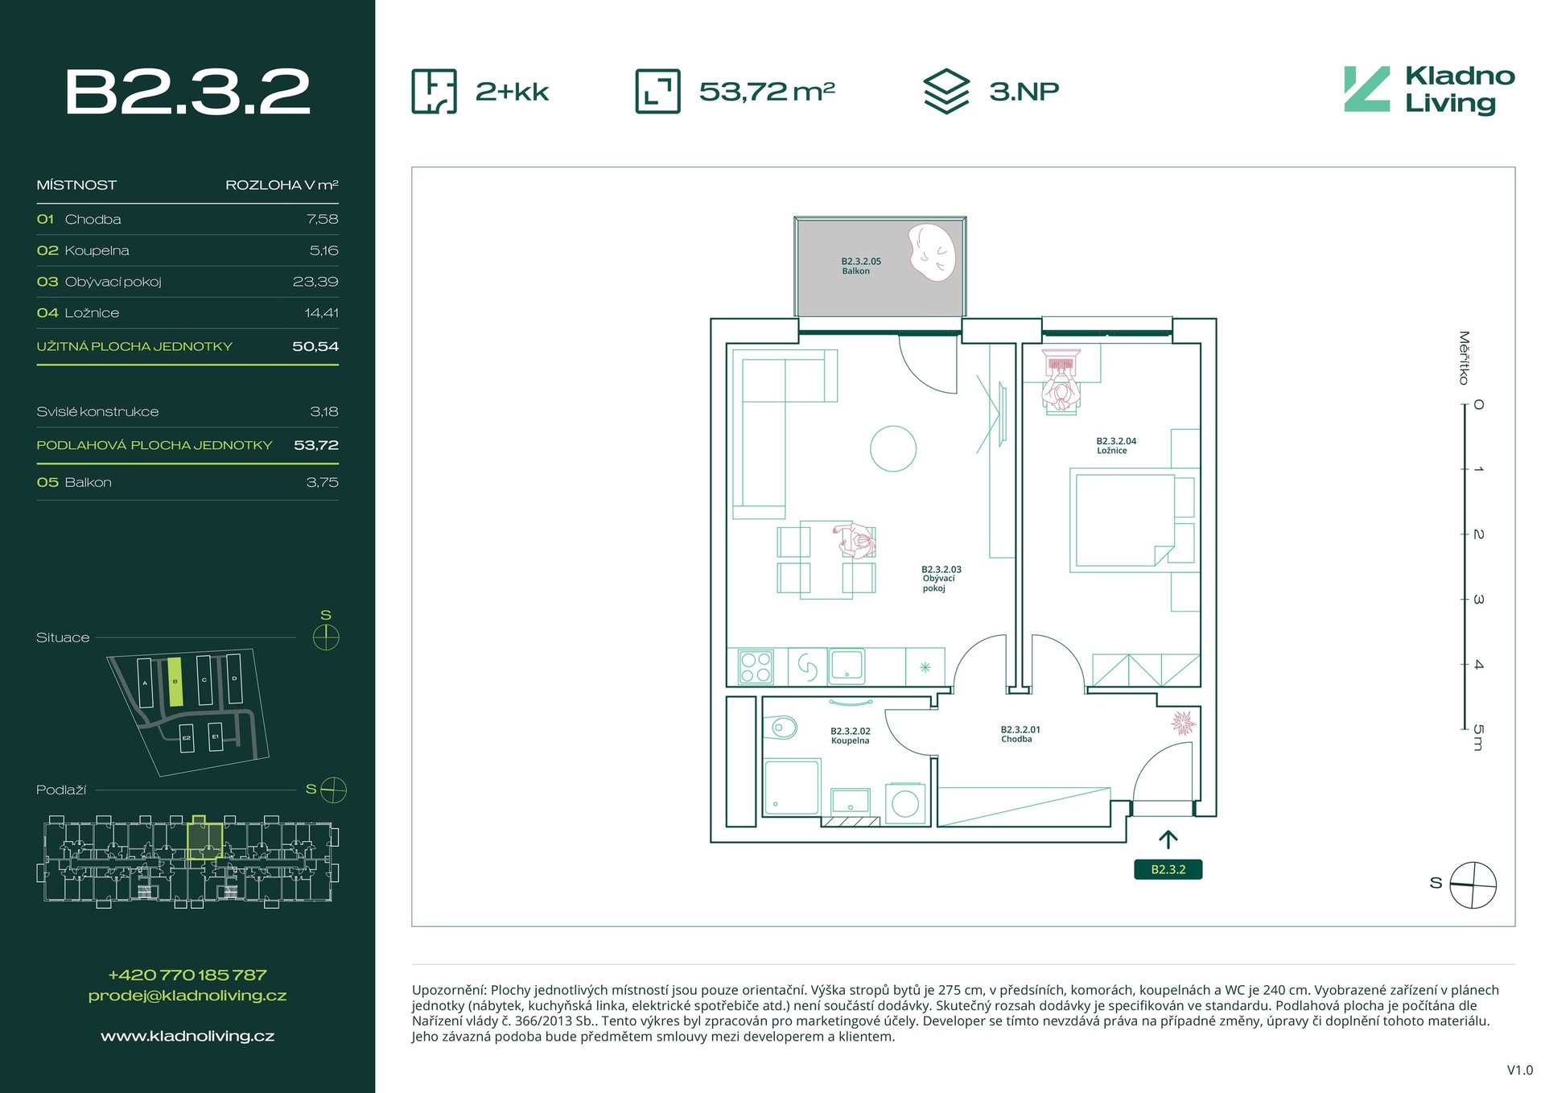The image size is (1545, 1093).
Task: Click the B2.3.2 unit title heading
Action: click(187, 92)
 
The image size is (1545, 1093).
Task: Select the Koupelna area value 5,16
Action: click(323, 250)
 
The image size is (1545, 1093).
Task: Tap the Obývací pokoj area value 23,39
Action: click(315, 282)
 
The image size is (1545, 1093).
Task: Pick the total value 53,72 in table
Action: click(315, 445)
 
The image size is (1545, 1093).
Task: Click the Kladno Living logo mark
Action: click(1366, 89)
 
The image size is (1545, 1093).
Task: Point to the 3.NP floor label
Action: click(1024, 92)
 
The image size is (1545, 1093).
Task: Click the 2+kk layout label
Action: click(512, 92)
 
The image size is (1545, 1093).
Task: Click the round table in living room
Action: click(893, 448)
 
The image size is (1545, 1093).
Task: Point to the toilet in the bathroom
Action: click(782, 728)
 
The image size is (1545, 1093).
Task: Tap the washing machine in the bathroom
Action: click(905, 803)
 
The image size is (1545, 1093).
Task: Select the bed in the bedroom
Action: click(1124, 521)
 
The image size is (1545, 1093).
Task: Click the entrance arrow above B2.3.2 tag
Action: click(1168, 839)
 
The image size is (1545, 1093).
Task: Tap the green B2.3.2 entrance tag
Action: click(1168, 869)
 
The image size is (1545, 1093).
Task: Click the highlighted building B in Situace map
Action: click(175, 682)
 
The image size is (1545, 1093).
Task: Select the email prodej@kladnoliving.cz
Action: click(187, 996)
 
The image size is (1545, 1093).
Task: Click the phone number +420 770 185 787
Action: click(187, 975)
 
